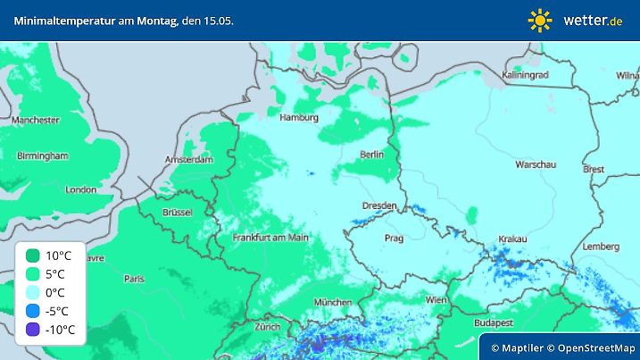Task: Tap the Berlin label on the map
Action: coord(371,155)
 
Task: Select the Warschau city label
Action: coord(536,164)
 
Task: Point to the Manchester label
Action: coord(36,120)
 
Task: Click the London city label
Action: coord(80,189)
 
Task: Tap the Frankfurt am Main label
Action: coord(270,238)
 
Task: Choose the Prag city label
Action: coord(395,239)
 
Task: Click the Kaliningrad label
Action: coord(525,75)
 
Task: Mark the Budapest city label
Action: coord(493,322)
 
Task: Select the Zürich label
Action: coord(267,327)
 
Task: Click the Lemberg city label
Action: coord(600,247)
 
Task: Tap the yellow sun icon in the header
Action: coord(540,20)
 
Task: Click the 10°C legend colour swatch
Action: coord(33,255)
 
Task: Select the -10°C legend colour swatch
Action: coord(33,330)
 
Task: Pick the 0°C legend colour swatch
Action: coord(33,293)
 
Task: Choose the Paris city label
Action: coord(134,279)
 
